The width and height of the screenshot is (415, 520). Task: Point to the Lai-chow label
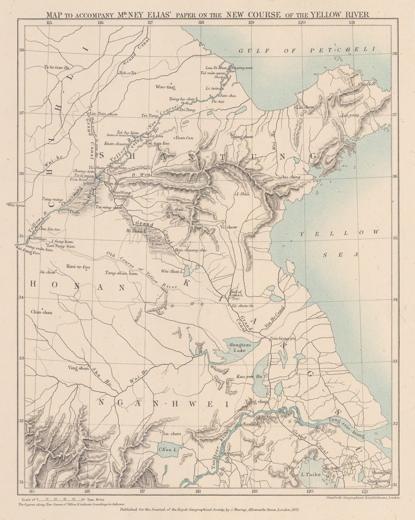point(305,107)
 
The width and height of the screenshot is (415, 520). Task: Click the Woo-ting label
point(165,87)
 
